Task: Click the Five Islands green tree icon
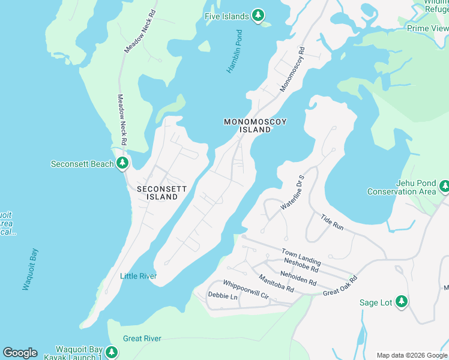pos(258,16)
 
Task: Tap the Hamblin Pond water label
pos(234,52)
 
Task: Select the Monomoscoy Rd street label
pos(293,70)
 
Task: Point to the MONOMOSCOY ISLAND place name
pos(255,125)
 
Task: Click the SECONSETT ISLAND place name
pos(161,193)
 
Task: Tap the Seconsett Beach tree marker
pos(122,163)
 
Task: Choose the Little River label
pos(138,276)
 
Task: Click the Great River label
pos(142,338)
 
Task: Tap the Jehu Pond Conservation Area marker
pos(444,187)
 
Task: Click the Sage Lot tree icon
pos(402,302)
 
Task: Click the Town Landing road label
pos(301,257)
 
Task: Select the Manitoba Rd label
pos(276,283)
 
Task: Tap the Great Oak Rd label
pos(340,286)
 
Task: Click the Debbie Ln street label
pos(223,296)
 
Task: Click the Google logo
pos(20,353)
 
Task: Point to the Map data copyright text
pos(412,355)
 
